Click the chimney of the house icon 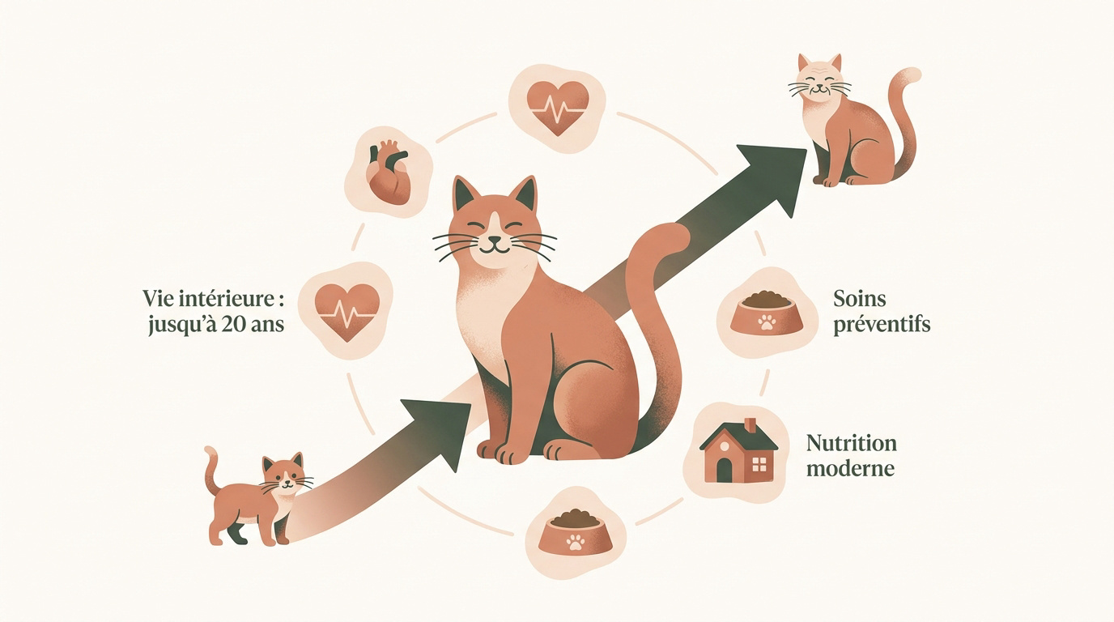(x=750, y=426)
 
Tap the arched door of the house (x=724, y=470)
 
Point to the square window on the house (x=759, y=464)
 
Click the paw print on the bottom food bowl (x=575, y=542)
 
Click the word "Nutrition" (x=852, y=443)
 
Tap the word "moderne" (x=850, y=469)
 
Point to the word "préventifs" (x=882, y=326)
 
